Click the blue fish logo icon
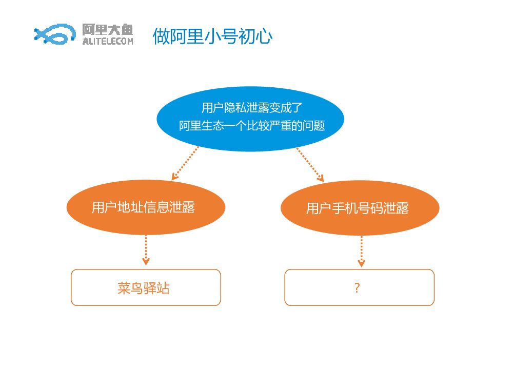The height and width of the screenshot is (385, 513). tap(51, 34)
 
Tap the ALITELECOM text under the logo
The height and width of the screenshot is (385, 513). tap(108, 42)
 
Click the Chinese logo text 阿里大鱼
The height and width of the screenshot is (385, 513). tap(108, 30)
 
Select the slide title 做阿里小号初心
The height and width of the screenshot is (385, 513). tap(212, 36)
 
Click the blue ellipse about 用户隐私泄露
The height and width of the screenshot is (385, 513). tap(250, 119)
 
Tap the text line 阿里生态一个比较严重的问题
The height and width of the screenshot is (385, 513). tap(252, 126)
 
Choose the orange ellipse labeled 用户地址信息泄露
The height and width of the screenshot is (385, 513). tap(146, 207)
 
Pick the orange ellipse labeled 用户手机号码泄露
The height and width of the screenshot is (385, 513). tap(360, 208)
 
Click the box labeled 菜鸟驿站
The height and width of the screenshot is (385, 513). tap(146, 287)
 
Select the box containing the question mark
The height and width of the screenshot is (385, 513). tap(359, 287)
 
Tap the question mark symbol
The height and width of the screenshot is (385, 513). tap(357, 288)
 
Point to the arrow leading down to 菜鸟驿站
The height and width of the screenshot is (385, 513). tap(146, 250)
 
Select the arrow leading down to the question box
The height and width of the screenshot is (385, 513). tap(362, 251)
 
